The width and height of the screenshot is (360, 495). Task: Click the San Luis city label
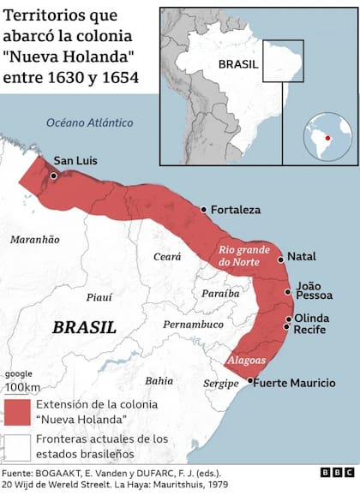point(75,160)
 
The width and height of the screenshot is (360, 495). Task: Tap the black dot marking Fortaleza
point(203,209)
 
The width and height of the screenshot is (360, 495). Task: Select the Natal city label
point(302,256)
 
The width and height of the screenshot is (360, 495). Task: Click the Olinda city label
point(313,317)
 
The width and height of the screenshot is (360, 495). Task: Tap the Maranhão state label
point(34,240)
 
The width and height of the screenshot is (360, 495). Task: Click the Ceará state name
point(168,256)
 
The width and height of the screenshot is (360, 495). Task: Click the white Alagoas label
point(246,361)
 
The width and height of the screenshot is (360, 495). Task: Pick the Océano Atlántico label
point(90,122)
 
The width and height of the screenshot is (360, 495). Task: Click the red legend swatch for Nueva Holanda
point(18,411)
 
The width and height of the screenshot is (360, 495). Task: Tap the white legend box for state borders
point(18,446)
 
